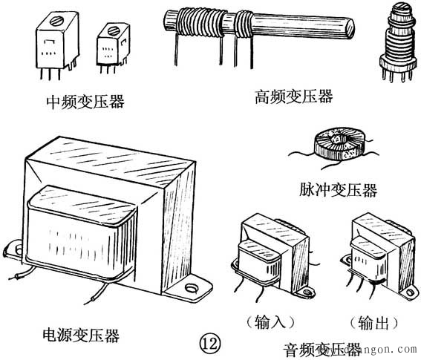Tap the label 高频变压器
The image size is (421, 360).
pos(293,96)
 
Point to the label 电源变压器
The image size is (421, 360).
pos(82,336)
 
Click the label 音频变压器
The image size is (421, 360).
pos(322,349)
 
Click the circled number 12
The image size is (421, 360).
pos(209,342)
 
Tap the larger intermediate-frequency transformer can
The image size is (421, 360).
pos(56,45)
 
